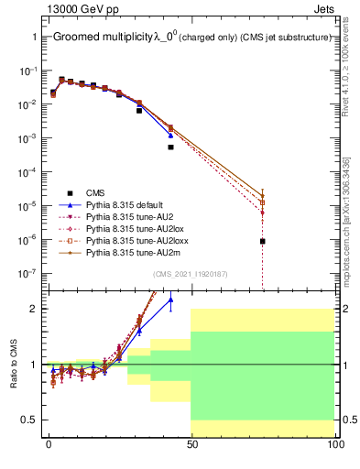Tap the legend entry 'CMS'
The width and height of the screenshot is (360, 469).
[x=95, y=192]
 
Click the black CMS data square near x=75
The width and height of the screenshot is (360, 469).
[x=263, y=241]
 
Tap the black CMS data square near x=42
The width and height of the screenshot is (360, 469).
[x=170, y=147]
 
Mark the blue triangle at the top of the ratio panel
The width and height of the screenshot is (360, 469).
[x=170, y=300]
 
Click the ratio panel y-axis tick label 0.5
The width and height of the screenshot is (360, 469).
[x=29, y=420]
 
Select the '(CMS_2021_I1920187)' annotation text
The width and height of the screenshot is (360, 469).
[x=191, y=274]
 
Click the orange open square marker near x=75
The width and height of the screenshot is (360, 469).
[x=263, y=202]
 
